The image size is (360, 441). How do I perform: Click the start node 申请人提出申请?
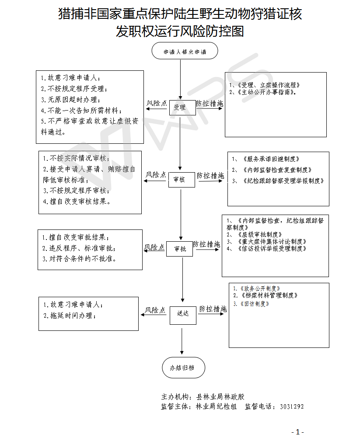click(184, 51)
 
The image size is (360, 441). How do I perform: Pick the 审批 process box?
click(179, 249)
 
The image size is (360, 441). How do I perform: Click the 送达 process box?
click(183, 313)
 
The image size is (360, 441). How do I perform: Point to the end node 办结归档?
click(181, 368)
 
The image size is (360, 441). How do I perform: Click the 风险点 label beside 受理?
click(157, 103)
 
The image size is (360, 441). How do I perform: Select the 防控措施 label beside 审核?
click(210, 175)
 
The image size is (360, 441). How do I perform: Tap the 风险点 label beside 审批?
click(154, 247)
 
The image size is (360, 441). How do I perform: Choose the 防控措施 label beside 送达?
click(213, 309)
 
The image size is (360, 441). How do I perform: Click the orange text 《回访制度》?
click(252, 303)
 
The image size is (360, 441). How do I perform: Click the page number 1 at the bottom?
click(297, 432)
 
